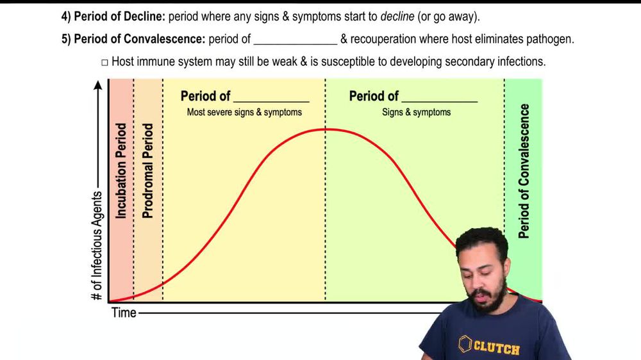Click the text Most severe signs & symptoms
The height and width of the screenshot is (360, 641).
(x=244, y=112)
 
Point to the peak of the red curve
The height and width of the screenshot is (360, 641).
(x=326, y=129)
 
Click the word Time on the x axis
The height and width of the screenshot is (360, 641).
(x=124, y=313)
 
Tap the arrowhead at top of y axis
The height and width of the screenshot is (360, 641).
(x=97, y=85)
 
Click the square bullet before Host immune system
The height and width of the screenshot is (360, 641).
(x=105, y=62)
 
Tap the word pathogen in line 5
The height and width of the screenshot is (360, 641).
(x=549, y=39)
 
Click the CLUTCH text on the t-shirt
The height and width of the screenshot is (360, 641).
(x=496, y=348)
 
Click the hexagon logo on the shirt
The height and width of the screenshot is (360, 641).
(x=465, y=345)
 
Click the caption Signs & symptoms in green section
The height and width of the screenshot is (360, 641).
(x=416, y=112)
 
